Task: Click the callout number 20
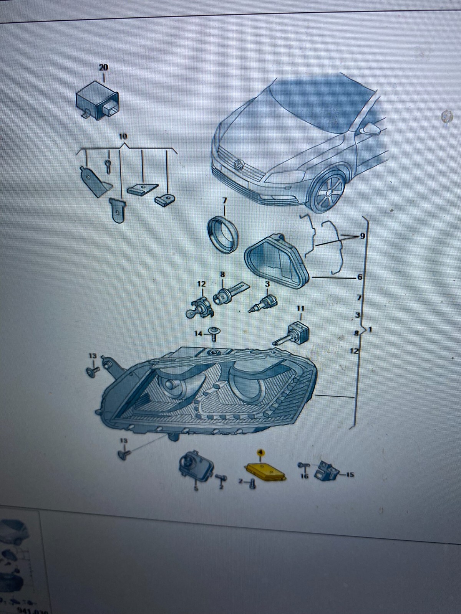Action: point(104,68)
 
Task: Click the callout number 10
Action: point(123,136)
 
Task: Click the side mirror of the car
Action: point(369,128)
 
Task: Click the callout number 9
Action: point(362,236)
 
